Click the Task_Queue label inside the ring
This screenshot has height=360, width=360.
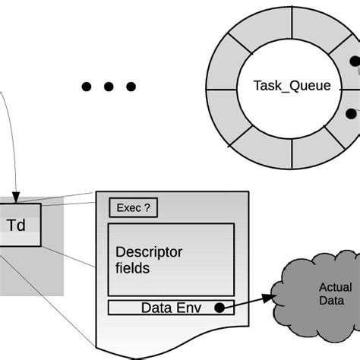tap(292, 86)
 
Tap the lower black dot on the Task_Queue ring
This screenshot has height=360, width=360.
tap(351, 114)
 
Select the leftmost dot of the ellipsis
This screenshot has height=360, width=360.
tap(87, 87)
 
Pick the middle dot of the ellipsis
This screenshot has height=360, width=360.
tap(109, 87)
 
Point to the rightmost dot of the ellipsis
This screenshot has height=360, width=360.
tap(131, 87)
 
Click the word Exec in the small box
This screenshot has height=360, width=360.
tap(128, 207)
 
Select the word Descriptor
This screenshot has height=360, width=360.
tap(149, 253)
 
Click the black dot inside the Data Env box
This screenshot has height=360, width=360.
tap(219, 308)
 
